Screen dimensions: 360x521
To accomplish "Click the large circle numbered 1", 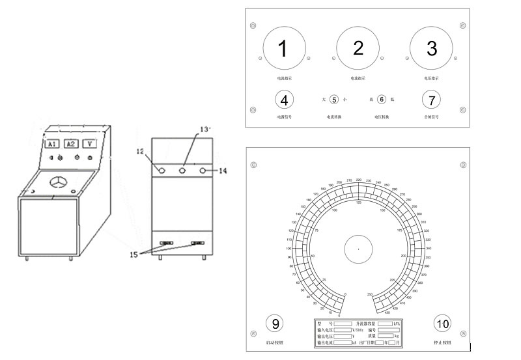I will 283,49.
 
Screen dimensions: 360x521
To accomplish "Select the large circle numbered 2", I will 358,49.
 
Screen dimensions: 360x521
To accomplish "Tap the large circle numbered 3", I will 431,49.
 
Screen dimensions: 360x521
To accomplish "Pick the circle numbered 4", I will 284,100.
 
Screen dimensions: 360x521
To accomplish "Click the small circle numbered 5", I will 334,100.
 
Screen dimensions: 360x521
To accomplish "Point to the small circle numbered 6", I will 382,100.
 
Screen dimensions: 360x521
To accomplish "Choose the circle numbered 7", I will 431,100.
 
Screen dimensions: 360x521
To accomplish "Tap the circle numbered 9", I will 275,324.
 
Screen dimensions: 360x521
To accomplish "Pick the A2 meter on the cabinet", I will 72,144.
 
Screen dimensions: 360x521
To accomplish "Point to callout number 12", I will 140,152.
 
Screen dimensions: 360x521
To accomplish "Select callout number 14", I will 222,171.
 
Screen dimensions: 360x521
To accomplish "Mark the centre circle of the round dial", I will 358,249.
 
